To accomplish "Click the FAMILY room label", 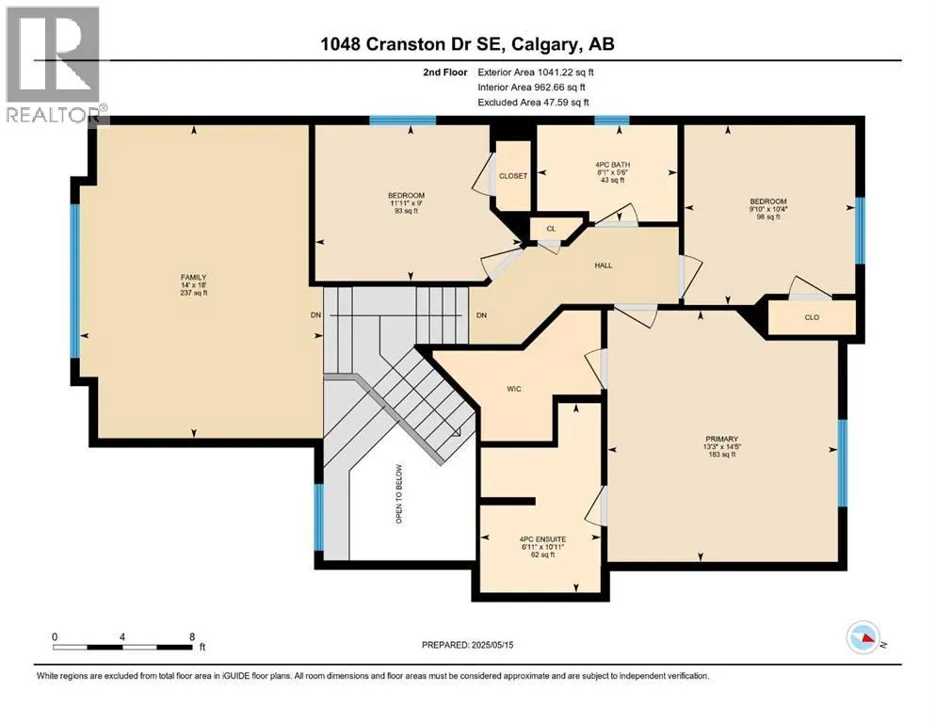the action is tap(194, 277).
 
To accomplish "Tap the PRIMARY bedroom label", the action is tap(721, 439).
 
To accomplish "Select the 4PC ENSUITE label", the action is tap(542, 538).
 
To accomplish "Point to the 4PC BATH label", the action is tap(612, 165).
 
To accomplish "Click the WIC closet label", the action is tap(514, 389).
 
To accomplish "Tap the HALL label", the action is tap(604, 265).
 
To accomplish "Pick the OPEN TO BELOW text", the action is tap(399, 494).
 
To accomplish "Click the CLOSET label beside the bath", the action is tap(513, 176).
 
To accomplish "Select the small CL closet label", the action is tap(551, 229).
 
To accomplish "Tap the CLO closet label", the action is tap(813, 317).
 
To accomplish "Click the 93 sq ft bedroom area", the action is tap(406, 210).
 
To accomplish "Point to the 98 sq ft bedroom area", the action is tap(768, 217).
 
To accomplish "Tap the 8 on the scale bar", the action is tap(192, 636).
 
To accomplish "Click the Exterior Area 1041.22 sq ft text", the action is tap(536, 72).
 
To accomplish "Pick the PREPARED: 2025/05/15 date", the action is tap(467, 645).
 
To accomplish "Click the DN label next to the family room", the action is tap(315, 314).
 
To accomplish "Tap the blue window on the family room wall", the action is tap(75, 281).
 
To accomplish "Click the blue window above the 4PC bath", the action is tap(612, 120).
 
